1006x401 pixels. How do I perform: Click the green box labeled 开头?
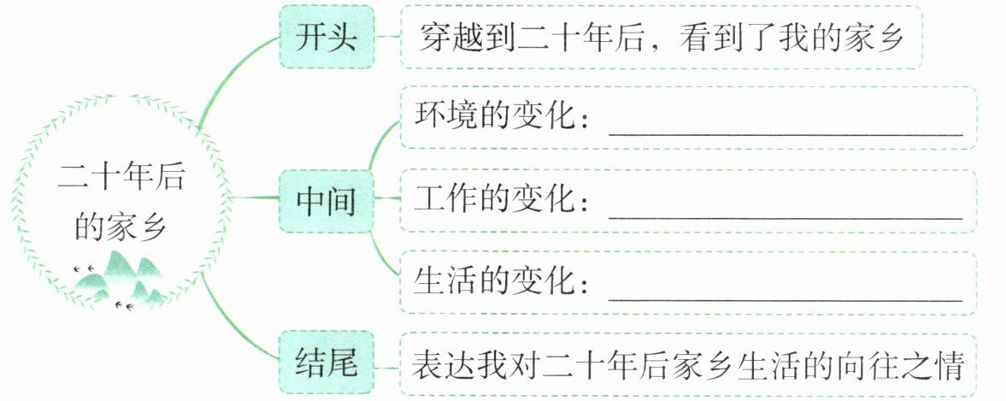[x=326, y=39]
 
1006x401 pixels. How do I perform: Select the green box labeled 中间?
[x=326, y=203]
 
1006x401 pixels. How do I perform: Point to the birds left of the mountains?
[x=84, y=268]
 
